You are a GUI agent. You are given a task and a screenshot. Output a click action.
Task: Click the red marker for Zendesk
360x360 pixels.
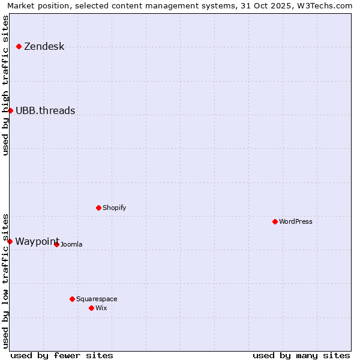point(19,46)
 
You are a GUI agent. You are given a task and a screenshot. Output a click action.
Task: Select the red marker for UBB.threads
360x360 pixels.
point(10,110)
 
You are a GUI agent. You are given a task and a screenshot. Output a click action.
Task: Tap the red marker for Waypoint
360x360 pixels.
point(10,241)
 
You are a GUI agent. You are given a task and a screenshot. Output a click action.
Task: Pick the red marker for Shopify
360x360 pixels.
point(98,208)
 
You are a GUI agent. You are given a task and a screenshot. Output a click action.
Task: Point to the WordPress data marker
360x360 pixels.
point(275,221)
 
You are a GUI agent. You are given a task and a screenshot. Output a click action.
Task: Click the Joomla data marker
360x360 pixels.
point(56,244)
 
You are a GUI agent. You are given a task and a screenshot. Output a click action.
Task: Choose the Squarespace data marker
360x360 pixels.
point(72,299)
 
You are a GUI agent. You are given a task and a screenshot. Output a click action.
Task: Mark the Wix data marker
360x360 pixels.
point(91,308)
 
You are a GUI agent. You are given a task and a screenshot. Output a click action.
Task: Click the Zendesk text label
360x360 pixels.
point(44,47)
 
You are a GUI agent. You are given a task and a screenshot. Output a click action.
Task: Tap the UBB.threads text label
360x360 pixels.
point(45,110)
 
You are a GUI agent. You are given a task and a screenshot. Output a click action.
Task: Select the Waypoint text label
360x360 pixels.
point(37,241)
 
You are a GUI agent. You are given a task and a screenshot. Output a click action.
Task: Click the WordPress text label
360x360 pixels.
point(295,221)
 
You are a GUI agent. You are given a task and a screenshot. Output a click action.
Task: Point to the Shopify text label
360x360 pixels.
point(114,208)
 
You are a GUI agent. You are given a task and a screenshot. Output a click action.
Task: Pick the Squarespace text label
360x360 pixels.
point(97,299)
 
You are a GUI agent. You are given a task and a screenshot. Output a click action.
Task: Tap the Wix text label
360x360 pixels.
point(101,308)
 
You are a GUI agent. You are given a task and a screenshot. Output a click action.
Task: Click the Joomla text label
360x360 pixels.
point(71,244)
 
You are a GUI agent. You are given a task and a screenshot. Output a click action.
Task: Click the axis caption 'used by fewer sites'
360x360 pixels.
point(62,355)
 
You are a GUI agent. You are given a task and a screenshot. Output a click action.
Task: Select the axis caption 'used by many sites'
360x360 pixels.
point(301,355)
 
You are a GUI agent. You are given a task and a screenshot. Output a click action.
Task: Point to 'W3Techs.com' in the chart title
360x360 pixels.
point(326,5)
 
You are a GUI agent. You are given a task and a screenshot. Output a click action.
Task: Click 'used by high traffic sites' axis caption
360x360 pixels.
point(5,85)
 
